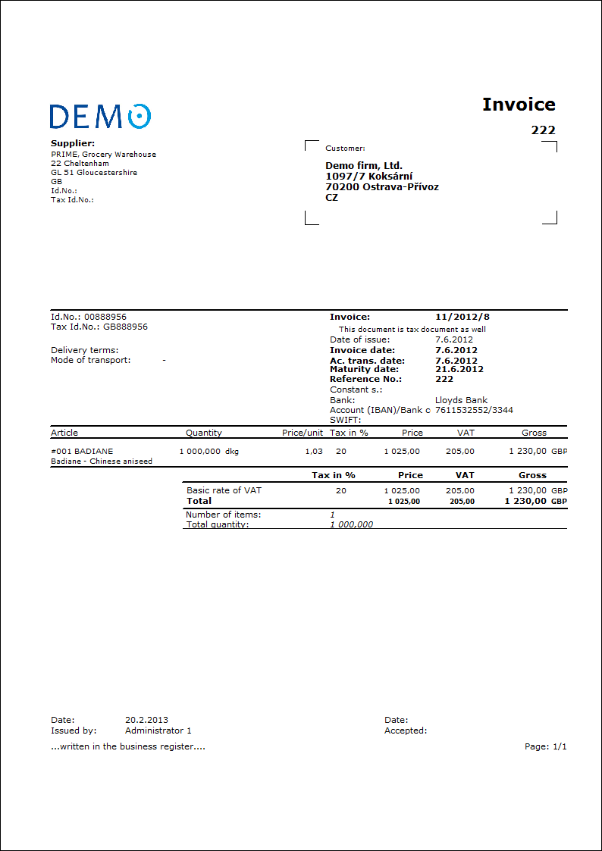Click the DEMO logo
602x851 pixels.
point(100,116)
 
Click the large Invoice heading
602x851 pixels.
point(519,105)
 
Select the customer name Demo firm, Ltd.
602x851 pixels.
point(364,165)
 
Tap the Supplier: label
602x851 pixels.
point(73,143)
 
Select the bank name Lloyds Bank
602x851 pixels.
point(461,400)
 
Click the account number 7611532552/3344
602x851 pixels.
point(474,410)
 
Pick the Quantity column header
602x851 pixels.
point(204,433)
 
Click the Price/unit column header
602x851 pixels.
point(303,433)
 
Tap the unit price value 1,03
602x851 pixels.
point(313,451)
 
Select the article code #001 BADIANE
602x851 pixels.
point(82,451)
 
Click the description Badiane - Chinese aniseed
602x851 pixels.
point(102,461)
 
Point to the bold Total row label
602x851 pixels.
point(199,501)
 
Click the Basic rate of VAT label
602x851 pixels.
point(224,490)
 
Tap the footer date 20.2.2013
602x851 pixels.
point(146,720)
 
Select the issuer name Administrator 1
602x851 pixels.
point(158,731)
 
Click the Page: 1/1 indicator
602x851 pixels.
point(545,746)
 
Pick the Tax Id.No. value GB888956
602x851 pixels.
point(125,327)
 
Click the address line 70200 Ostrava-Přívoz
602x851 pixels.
point(382,186)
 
